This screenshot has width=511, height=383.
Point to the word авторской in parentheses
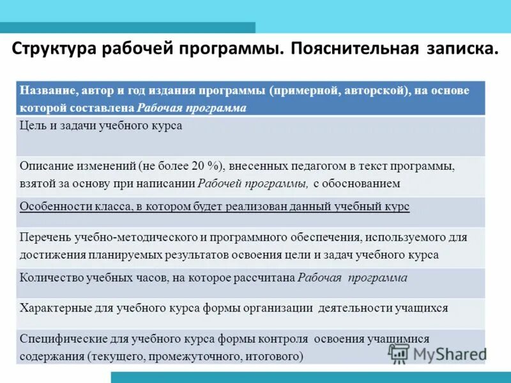click(374, 90)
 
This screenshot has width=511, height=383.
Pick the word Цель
click(32, 126)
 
